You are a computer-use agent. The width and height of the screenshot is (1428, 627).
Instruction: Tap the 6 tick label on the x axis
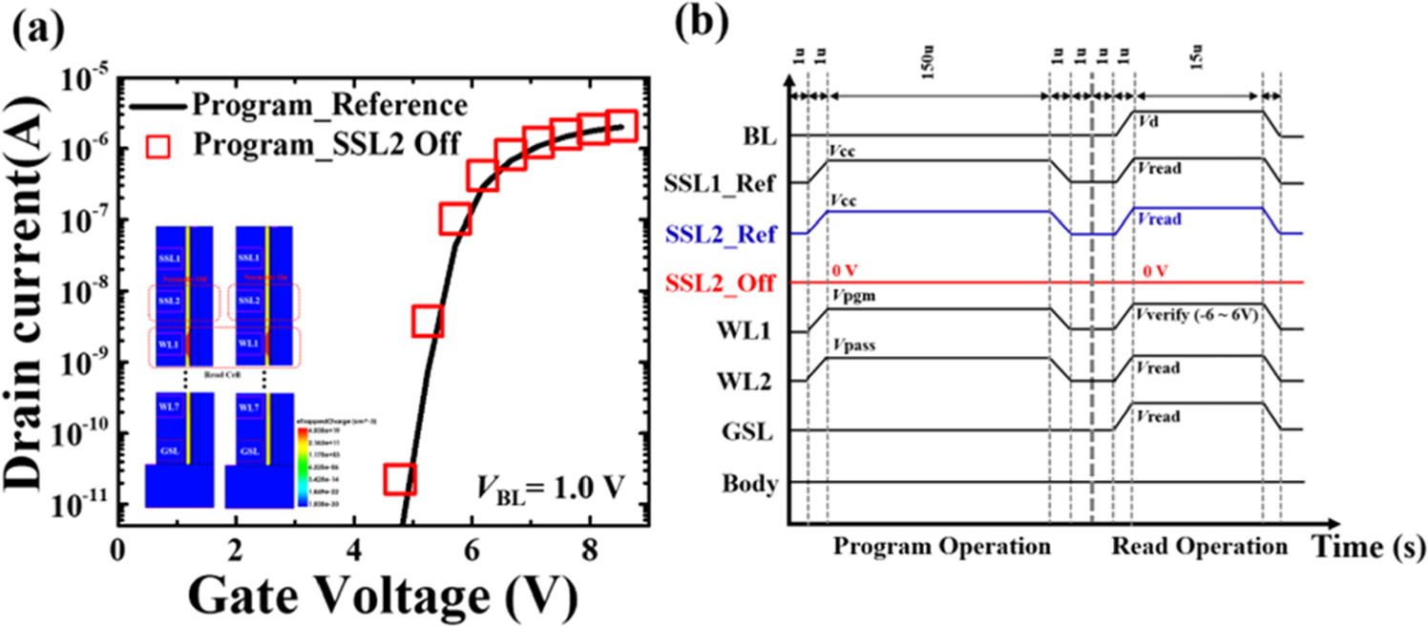[471, 552]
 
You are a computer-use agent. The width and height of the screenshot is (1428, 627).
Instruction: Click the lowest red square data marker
[400, 477]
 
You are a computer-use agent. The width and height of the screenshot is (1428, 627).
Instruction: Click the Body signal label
[752, 483]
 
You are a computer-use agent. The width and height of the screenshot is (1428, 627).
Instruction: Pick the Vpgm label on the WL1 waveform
[852, 296]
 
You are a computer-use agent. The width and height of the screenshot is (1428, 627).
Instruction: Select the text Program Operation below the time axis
[942, 548]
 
